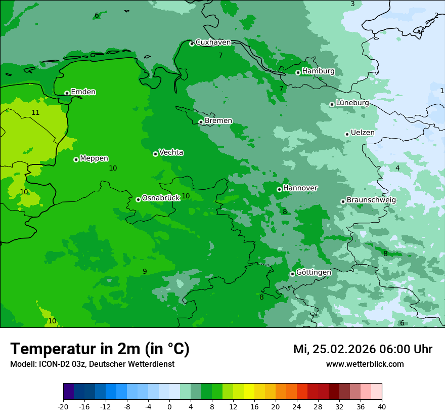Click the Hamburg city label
[x=318, y=71]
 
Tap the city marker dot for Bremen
[x=201, y=122]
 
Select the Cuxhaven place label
[x=213, y=43]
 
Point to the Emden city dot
[x=67, y=93]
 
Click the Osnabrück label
[x=161, y=198]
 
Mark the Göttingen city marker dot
[x=292, y=274]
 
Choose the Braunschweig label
[x=371, y=200]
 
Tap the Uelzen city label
[x=363, y=133]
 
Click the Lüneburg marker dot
[x=332, y=104]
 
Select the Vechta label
[x=171, y=153]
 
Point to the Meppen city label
[x=94, y=158]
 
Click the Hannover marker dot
[x=279, y=189]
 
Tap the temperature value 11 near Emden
[x=35, y=112]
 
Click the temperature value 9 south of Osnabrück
[x=145, y=272]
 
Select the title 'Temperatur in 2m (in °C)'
[x=100, y=349]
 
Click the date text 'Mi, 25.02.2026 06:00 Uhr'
[x=363, y=349]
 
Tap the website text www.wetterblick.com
[x=365, y=364]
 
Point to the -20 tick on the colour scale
[x=63, y=406]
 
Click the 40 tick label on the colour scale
[x=382, y=406]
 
